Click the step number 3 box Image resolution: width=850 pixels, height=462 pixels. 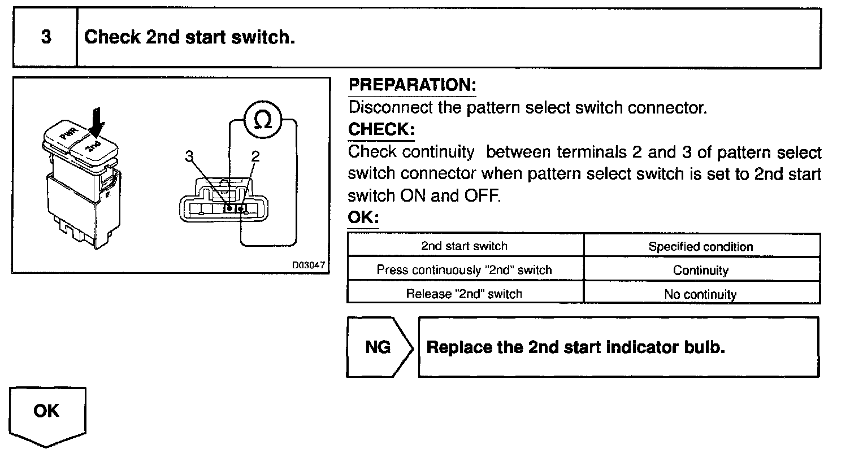pyautogui.click(x=45, y=38)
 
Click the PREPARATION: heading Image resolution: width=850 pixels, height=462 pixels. pyautogui.click(x=412, y=85)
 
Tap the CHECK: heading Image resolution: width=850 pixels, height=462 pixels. pyautogui.click(x=381, y=129)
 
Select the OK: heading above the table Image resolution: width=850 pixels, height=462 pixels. pyautogui.click(x=363, y=217)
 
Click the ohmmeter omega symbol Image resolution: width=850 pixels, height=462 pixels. pyautogui.click(x=262, y=120)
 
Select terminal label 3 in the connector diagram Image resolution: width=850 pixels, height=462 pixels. pyautogui.click(x=189, y=156)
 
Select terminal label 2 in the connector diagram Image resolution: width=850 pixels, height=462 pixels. pyautogui.click(x=255, y=156)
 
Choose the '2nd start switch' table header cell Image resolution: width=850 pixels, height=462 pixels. pyautogui.click(x=465, y=246)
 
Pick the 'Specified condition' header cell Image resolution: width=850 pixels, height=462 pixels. pyautogui.click(x=701, y=247)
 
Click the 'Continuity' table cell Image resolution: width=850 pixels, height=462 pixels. pyautogui.click(x=701, y=271)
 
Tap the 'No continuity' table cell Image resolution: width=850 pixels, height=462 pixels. pyautogui.click(x=701, y=294)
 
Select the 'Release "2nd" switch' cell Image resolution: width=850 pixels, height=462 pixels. pyautogui.click(x=465, y=294)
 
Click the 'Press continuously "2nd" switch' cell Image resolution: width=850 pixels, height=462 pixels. pyautogui.click(x=465, y=270)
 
